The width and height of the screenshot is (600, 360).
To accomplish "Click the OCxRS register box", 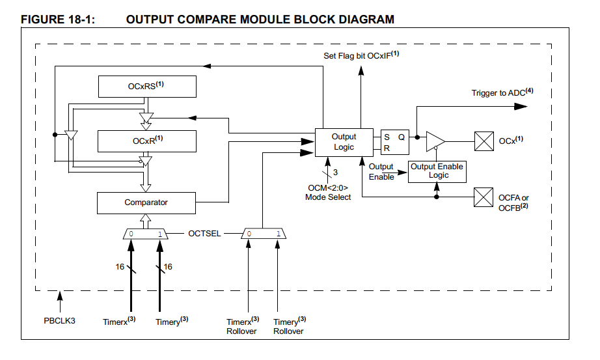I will pos(146,86).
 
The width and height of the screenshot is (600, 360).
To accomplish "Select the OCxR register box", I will pos(146,141).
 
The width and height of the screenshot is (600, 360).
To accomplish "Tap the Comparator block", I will pos(146,202).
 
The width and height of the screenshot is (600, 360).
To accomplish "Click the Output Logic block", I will pos(344,142).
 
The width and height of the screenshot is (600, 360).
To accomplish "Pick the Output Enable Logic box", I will pos(437,171).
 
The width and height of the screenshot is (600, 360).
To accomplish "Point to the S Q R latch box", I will pos(395,142).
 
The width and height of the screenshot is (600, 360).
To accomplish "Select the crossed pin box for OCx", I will pos(484,141).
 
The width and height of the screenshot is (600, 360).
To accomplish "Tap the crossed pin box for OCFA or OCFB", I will pos(484,197).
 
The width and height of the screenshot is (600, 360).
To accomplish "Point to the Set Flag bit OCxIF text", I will pos(361,55).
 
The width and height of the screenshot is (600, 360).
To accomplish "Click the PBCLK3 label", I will pos(59,321).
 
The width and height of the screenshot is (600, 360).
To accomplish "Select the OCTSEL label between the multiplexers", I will pos(204,233).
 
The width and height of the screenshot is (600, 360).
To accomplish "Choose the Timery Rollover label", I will pos(289,326).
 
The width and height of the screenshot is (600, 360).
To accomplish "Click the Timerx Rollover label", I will pos(242,326).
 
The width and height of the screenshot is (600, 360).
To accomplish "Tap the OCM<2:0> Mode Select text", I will pos(328,192).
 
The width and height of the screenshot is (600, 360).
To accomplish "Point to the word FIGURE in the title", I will pos(44,20).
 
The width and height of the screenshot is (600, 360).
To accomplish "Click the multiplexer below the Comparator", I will pos(144,234).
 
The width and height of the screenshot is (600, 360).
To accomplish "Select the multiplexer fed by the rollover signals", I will pos(264,234).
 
